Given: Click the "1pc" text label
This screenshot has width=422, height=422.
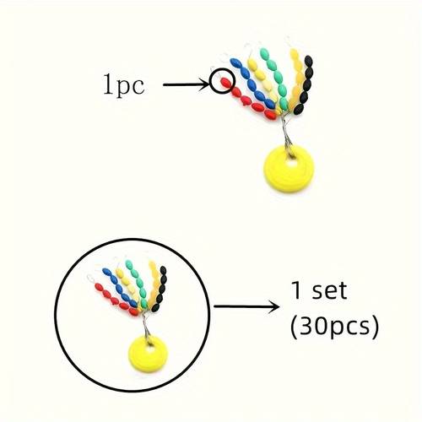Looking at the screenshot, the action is point(124,85).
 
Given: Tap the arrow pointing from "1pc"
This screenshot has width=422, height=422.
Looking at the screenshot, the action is point(187,84).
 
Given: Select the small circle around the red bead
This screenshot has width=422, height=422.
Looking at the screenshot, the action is point(222,81).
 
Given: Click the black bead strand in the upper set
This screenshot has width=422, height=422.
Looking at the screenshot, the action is point(304,85).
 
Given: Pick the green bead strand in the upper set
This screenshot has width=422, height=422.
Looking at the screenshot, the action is point(278,79).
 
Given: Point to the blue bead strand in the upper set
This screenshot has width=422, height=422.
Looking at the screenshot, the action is point(252,84).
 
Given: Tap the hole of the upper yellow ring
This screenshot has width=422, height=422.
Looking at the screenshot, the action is point(292,163).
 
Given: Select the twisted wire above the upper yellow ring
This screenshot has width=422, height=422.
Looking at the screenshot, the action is point(286,133).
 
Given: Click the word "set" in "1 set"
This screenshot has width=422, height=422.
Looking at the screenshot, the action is point(329,290).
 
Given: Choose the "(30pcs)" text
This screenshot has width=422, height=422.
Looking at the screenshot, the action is point(334,327).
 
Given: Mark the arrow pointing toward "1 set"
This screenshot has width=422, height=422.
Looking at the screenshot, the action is point(246,306).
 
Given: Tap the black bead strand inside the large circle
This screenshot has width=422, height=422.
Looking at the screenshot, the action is point(160,289).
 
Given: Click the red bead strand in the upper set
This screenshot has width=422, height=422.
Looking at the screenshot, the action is point(247,100).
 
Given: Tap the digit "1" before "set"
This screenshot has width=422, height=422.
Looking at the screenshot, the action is point(296,290).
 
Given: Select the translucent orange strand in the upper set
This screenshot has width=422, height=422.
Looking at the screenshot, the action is point(296,81).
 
